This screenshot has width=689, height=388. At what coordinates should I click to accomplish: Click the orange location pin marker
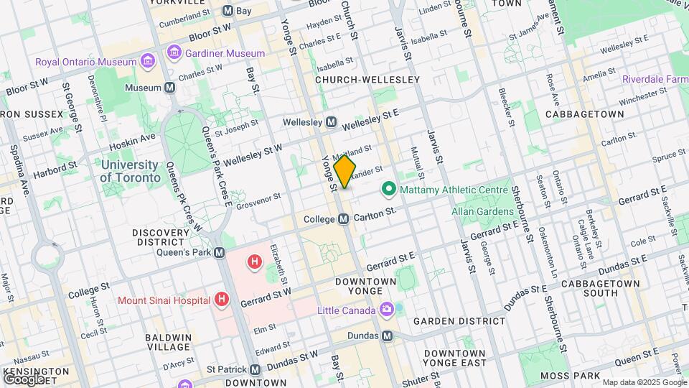click(x=345, y=172)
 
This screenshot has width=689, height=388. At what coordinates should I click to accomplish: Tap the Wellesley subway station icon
click(x=332, y=122)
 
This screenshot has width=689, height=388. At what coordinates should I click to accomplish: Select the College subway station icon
click(x=344, y=218)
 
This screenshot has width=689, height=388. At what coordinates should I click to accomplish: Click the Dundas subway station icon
click(x=388, y=336)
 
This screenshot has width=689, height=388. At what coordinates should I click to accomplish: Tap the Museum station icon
click(x=170, y=88)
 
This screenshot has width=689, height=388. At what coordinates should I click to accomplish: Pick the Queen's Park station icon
click(x=220, y=253)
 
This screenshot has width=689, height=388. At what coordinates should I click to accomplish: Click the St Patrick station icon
click(x=256, y=369)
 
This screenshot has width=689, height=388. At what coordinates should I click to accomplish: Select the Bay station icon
click(x=228, y=11)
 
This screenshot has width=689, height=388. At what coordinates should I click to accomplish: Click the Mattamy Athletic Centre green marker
click(x=389, y=190)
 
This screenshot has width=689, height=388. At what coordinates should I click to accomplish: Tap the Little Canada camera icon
click(x=387, y=310)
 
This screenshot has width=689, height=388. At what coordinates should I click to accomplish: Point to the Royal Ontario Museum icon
click(x=148, y=62)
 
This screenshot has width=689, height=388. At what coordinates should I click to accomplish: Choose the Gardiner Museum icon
click(x=174, y=52)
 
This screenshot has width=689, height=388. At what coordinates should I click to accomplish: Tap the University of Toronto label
click(x=130, y=171)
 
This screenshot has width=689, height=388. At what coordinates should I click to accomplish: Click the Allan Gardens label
click(x=482, y=211)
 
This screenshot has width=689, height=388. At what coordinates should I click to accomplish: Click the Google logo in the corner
click(x=24, y=379)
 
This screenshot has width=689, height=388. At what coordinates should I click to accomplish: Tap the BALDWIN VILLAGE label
click(x=169, y=342)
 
